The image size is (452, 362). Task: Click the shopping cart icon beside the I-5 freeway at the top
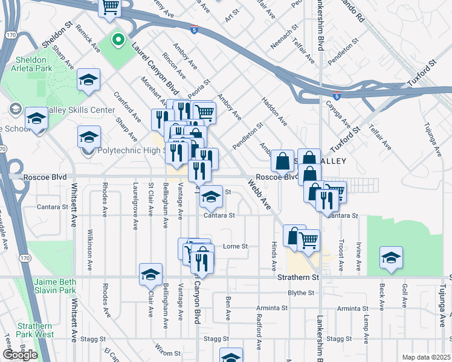coord(110,7)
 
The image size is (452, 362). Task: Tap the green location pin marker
coord(119,41)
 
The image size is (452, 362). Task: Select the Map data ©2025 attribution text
coord(426,357)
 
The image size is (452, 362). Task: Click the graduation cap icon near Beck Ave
coord(391,258)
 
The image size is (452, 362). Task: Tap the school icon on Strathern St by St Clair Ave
coord(150,275)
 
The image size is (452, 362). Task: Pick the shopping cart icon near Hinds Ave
coord(308,240)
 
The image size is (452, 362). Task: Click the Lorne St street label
coord(236,246)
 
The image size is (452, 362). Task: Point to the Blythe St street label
coord(301,293)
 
